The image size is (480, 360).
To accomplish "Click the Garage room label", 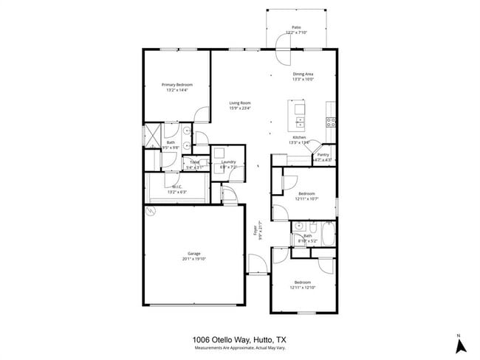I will click(193, 253).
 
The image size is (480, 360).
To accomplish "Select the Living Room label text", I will click(239, 103).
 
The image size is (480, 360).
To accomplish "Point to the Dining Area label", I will click(304, 75).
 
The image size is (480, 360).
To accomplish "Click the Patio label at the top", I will click(296, 27).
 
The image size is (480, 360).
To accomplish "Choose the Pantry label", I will click(323, 155).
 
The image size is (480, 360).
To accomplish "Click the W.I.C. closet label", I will click(177, 187).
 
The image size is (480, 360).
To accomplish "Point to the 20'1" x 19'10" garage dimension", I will click(193, 259).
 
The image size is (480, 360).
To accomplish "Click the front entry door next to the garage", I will click(255, 264).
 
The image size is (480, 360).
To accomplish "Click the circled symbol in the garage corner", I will click(151, 210).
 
